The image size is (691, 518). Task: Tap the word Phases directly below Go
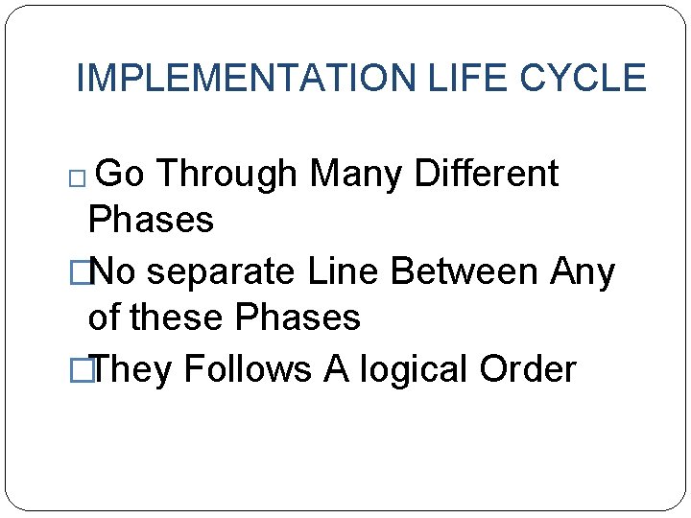point(151,221)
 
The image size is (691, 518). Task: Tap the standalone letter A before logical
point(337,369)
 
